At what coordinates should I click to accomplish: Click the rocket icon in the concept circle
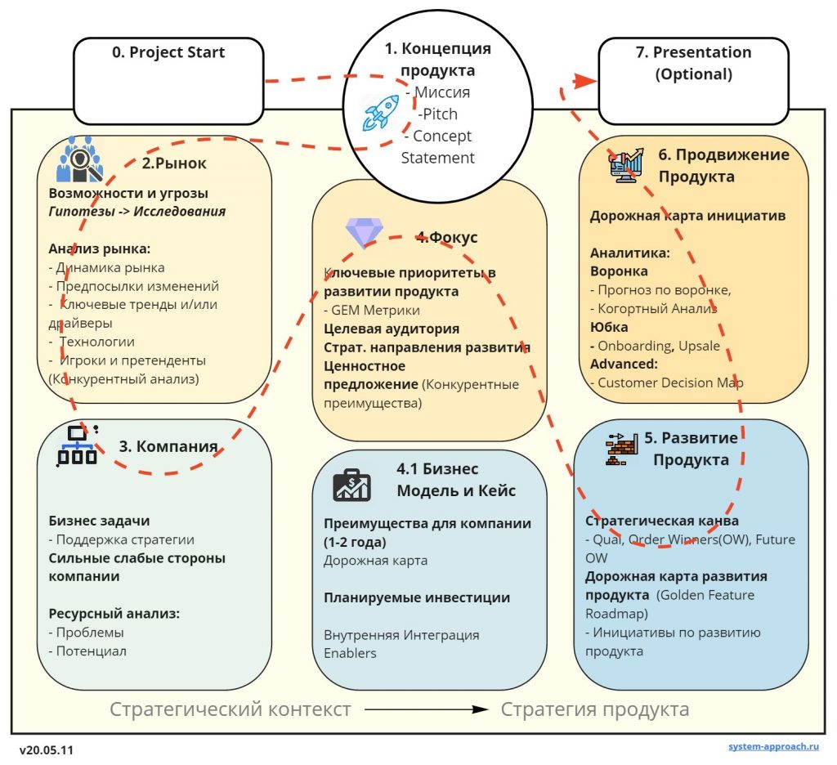(x=381, y=113)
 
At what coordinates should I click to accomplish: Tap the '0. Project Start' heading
(x=168, y=52)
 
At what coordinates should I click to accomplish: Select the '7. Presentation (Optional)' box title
(x=693, y=63)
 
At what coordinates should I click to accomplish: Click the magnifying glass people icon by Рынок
(x=79, y=159)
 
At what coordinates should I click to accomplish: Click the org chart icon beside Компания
(x=78, y=445)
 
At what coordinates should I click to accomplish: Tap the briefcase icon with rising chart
(x=351, y=485)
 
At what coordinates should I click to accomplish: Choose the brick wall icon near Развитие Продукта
(x=622, y=449)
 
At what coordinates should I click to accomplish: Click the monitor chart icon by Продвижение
(x=626, y=165)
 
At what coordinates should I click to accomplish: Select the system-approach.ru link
(x=773, y=746)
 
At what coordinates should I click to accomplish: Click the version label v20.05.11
(x=47, y=750)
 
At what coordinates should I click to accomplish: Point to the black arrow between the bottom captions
(x=427, y=709)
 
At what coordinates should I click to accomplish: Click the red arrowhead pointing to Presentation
(x=585, y=81)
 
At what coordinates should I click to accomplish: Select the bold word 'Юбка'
(x=609, y=327)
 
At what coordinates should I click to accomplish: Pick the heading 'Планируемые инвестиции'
(x=417, y=598)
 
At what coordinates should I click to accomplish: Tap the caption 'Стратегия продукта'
(x=595, y=709)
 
